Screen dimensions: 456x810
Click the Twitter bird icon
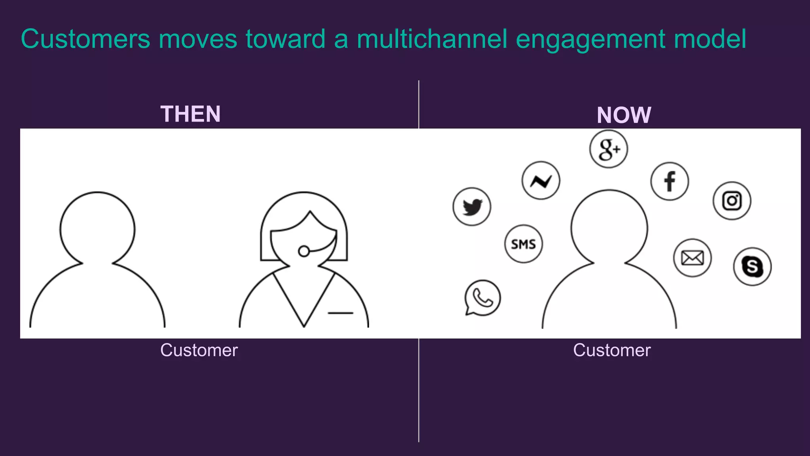[x=472, y=207]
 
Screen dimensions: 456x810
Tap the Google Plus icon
[x=608, y=149]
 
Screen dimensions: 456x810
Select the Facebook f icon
[x=670, y=181]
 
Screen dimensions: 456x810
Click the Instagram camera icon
[x=732, y=201]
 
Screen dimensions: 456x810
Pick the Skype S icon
[x=752, y=266]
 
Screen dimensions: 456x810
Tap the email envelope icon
[x=692, y=258]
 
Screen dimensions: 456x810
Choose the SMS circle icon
[x=523, y=244]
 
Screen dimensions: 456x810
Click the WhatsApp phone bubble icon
[x=483, y=298]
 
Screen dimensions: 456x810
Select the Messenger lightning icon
[x=541, y=180]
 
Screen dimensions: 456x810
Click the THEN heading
[x=190, y=114]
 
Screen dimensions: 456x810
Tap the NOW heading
[x=624, y=115]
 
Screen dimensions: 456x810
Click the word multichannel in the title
[x=431, y=39]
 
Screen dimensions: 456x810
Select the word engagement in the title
[x=591, y=39]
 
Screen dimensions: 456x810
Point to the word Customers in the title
[x=85, y=39]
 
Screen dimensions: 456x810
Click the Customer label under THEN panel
[x=199, y=350]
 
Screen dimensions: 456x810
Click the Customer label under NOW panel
[x=612, y=350]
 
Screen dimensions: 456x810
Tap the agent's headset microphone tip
[x=304, y=251]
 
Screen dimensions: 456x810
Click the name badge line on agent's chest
[x=340, y=313]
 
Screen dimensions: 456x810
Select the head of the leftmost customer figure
[x=97, y=229]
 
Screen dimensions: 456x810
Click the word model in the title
[x=710, y=39]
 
